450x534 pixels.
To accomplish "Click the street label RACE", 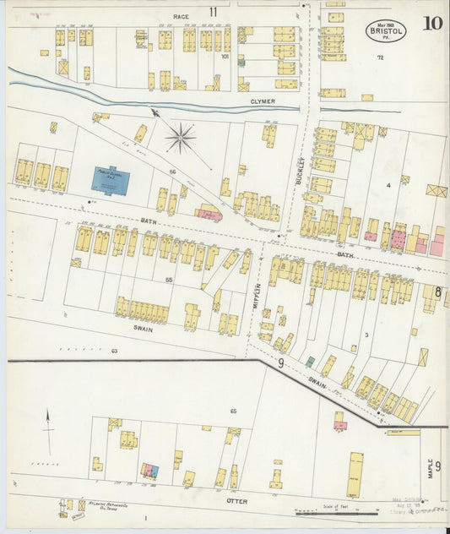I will pyautogui.click(x=181, y=16).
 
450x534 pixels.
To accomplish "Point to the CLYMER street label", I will pyautogui.click(x=263, y=101).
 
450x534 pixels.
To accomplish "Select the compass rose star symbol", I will pyautogui.click(x=180, y=136).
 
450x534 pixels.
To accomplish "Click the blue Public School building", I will pyautogui.click(x=106, y=178).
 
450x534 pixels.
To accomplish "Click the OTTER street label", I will pyautogui.click(x=236, y=500).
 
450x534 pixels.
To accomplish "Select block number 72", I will pyautogui.click(x=380, y=57).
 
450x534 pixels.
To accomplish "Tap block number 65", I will pyautogui.click(x=233, y=411).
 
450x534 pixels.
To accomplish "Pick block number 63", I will pyautogui.click(x=115, y=350).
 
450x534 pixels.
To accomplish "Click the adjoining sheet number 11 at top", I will pyautogui.click(x=214, y=11).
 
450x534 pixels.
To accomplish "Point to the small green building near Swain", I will pyautogui.click(x=310, y=362).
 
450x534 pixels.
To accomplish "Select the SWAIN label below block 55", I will pyautogui.click(x=142, y=329).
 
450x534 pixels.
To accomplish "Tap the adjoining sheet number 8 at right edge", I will pyautogui.click(x=437, y=292).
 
